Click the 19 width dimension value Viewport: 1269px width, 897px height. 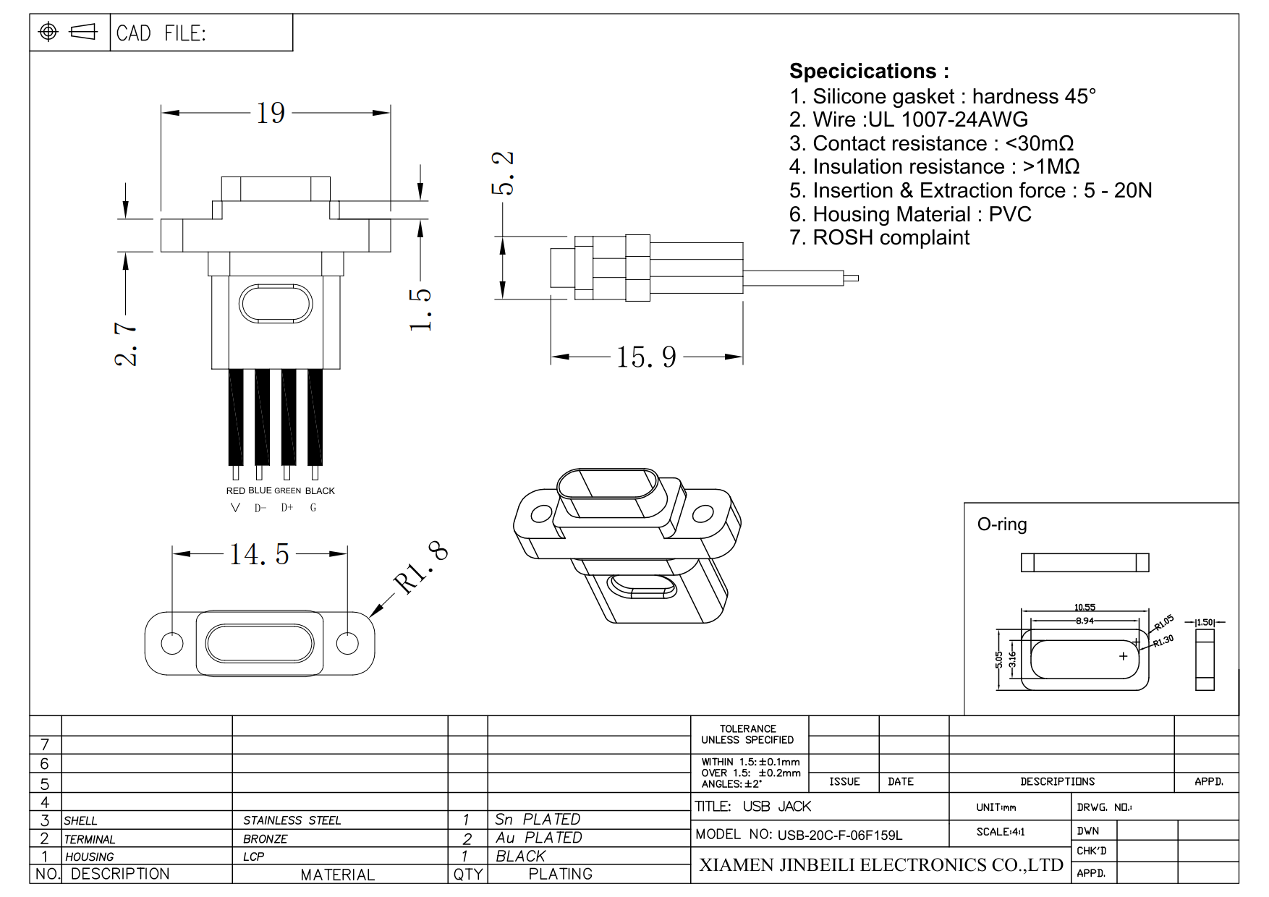(x=271, y=114)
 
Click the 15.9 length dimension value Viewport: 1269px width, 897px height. (x=646, y=357)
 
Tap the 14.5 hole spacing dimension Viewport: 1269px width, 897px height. (x=259, y=555)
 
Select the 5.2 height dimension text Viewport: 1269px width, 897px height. (x=503, y=174)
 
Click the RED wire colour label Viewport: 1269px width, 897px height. (x=235, y=491)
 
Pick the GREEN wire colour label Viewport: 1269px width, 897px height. (x=287, y=491)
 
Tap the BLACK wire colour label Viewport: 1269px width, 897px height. (x=320, y=491)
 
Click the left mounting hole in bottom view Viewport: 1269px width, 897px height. (x=172, y=643)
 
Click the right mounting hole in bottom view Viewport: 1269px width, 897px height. (x=347, y=643)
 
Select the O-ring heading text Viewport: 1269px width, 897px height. (x=1002, y=524)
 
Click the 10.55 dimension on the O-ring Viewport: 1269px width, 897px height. (x=1085, y=608)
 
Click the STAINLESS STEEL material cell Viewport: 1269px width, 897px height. (x=292, y=820)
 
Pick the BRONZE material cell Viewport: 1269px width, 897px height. (x=265, y=839)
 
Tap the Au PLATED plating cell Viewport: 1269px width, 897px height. (x=538, y=838)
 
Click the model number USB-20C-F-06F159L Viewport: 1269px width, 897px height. (x=839, y=836)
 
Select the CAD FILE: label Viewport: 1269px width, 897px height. (x=161, y=33)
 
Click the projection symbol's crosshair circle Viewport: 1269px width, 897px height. (x=48, y=32)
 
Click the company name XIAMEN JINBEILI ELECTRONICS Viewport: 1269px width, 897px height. (x=880, y=865)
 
